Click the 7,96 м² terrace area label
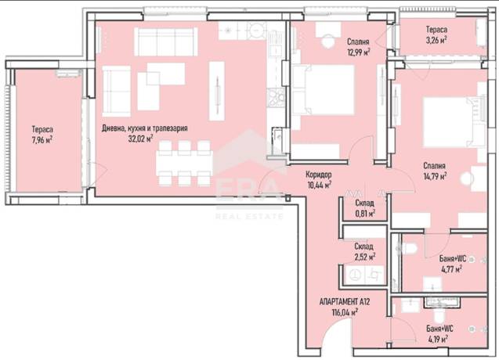pyautogui.click(x=42, y=140)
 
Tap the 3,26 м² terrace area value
pyautogui.click(x=436, y=41)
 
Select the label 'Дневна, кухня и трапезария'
pyautogui.click(x=145, y=128)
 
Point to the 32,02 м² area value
pyautogui.click(x=140, y=139)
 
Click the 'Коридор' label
pyautogui.click(x=319, y=175)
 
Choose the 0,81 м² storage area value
pyautogui.click(x=365, y=214)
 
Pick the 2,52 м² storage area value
pyautogui.click(x=365, y=257)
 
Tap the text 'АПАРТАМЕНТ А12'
pyautogui.click(x=345, y=302)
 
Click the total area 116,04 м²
pyautogui.click(x=345, y=312)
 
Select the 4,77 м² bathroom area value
pyautogui.click(x=451, y=270)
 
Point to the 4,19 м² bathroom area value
pyautogui.click(x=438, y=340)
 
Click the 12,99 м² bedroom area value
pyautogui.click(x=359, y=52)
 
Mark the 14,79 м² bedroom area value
pyautogui.click(x=435, y=176)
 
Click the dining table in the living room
pyautogui.click(x=184, y=164)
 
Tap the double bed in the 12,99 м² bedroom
pyautogui.click(x=323, y=90)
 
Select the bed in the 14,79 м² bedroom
pyautogui.click(x=454, y=122)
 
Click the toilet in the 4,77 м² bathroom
pyautogui.click(x=406, y=248)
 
